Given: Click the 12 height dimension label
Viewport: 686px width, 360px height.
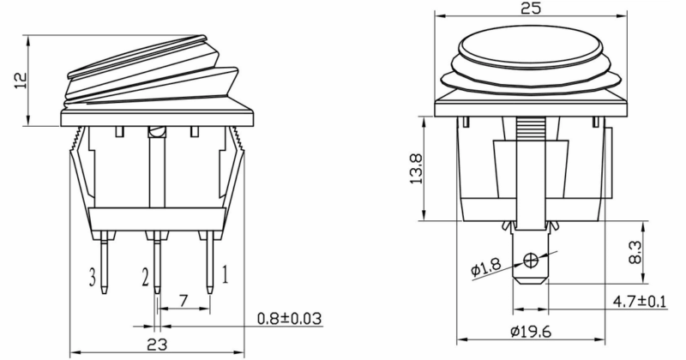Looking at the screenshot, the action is (x=21, y=80).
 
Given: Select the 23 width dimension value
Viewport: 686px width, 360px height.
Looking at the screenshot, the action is (x=157, y=345).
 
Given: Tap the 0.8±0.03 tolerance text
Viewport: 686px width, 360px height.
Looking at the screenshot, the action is (x=289, y=319).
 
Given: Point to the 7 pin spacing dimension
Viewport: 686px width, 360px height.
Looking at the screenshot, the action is (x=184, y=301).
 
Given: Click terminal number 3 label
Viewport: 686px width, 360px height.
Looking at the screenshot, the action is (x=93, y=277).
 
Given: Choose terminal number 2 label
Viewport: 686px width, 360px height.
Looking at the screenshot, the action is (x=145, y=277).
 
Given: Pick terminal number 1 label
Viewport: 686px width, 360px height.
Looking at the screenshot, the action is (x=225, y=274).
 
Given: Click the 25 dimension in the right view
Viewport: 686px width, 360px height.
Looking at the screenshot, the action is (x=531, y=8).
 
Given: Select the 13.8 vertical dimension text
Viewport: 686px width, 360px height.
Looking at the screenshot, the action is (x=416, y=168).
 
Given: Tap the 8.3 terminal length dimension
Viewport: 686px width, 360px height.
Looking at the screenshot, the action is (x=635, y=252).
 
